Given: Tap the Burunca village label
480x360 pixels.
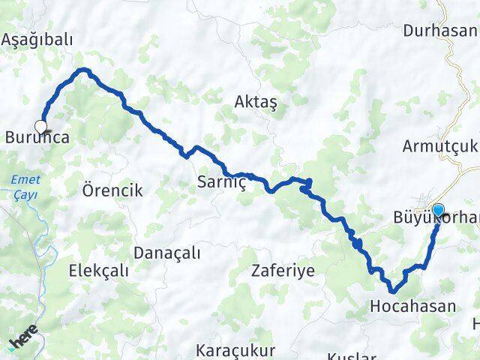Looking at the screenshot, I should (37, 138).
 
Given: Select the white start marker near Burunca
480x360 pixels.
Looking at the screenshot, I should (40, 127).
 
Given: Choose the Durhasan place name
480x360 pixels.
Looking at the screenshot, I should (440, 31).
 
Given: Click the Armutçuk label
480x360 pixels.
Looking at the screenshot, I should (441, 146).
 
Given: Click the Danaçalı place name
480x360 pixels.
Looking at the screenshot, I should (167, 253).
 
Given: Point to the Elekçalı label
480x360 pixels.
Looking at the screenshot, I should (98, 270).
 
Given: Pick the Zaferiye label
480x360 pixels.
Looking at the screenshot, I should (283, 270).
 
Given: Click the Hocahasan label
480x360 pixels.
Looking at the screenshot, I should (412, 305).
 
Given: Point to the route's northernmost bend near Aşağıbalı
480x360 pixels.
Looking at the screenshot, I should (85, 70).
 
